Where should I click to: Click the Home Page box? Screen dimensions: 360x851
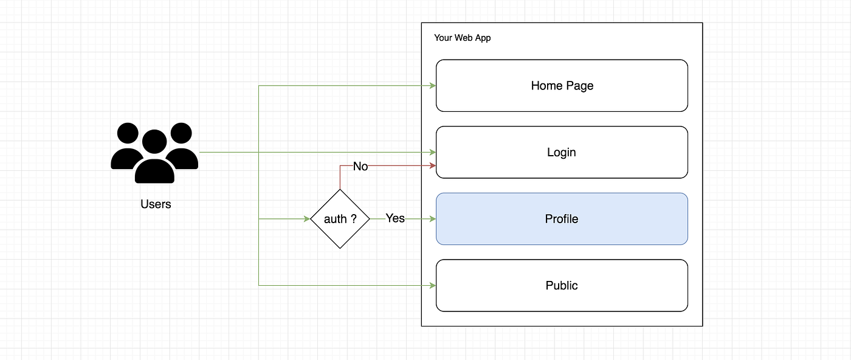(x=562, y=86)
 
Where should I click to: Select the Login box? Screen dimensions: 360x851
(x=562, y=152)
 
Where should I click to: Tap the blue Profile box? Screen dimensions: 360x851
(x=562, y=219)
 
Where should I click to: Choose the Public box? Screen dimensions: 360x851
(x=562, y=285)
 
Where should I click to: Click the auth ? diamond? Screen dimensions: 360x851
(x=340, y=219)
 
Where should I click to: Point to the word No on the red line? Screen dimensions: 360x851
(x=360, y=166)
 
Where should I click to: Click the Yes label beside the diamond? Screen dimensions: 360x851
(x=395, y=218)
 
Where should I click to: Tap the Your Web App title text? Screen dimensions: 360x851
(x=462, y=38)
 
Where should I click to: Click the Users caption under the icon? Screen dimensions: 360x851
(x=156, y=204)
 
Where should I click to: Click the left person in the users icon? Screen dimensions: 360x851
(x=127, y=147)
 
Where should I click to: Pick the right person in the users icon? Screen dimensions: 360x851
(x=181, y=147)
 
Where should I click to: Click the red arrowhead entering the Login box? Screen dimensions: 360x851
(x=433, y=165)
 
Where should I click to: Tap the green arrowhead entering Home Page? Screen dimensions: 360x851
(x=433, y=86)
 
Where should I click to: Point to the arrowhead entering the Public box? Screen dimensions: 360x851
(x=433, y=285)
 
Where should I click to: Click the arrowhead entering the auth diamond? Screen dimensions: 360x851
(x=307, y=219)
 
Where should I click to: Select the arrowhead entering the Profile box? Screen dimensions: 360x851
(x=433, y=219)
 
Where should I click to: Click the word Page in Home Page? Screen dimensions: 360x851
(x=580, y=86)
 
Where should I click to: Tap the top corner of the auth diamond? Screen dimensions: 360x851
(x=340, y=190)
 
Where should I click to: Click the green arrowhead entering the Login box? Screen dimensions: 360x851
(x=433, y=152)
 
